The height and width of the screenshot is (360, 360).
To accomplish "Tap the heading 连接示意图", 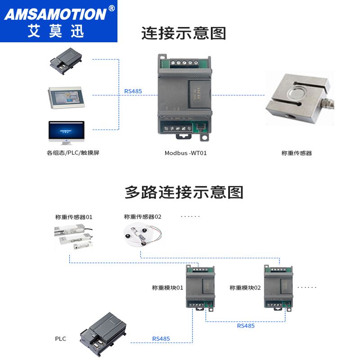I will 184,33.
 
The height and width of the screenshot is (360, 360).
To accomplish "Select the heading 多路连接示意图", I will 184,192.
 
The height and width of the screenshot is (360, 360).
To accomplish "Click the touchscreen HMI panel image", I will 66,96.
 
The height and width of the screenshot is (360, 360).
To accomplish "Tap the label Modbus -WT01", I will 185,153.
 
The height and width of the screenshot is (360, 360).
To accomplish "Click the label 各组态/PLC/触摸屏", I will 73,153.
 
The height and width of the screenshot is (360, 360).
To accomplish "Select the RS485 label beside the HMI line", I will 133,91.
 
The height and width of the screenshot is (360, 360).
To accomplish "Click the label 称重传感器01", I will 74,217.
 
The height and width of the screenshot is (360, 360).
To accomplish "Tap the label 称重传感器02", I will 143,217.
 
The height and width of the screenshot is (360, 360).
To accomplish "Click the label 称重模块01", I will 167,287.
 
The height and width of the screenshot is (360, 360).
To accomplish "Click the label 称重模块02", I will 245,287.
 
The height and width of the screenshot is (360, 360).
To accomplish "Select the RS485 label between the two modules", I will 246,325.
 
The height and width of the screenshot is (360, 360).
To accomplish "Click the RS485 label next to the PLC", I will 161,338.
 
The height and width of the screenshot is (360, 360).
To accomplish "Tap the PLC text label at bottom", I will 60,338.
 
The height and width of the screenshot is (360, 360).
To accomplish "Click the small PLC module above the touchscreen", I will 66,61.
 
